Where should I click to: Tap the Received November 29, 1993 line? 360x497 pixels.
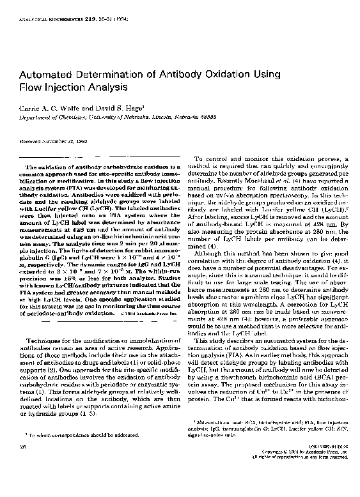[x=56, y=141]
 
